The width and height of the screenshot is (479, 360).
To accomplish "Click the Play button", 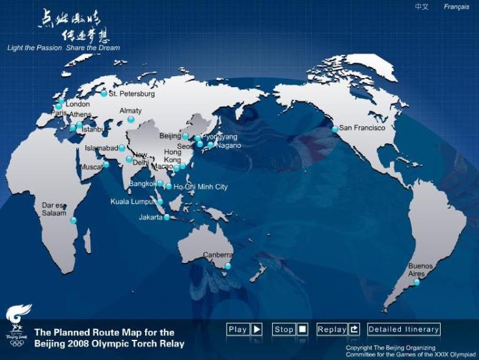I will coord(244,329).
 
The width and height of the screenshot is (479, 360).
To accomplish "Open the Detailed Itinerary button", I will coord(404,329).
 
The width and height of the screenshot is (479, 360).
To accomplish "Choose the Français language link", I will coord(456,7).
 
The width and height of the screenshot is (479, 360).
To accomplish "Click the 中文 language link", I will coord(422,7).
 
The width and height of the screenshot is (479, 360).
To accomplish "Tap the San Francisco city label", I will coord(363,128).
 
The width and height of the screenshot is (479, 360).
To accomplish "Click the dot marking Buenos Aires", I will coord(417,282).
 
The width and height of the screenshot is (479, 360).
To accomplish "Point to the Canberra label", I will coord(217,255).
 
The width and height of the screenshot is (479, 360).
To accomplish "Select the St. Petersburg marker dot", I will coord(103,94).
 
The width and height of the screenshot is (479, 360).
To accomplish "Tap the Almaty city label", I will coord(130,111).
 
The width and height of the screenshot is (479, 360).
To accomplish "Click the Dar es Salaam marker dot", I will coord(74,221).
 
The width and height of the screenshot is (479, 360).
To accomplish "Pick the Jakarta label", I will coord(150,217).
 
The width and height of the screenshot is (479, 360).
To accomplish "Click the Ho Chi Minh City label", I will coord(200,187).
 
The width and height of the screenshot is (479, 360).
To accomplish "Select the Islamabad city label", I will coord(101,148).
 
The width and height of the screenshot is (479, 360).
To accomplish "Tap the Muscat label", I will coord(90,167).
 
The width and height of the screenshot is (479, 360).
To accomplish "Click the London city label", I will coord(77,104).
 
